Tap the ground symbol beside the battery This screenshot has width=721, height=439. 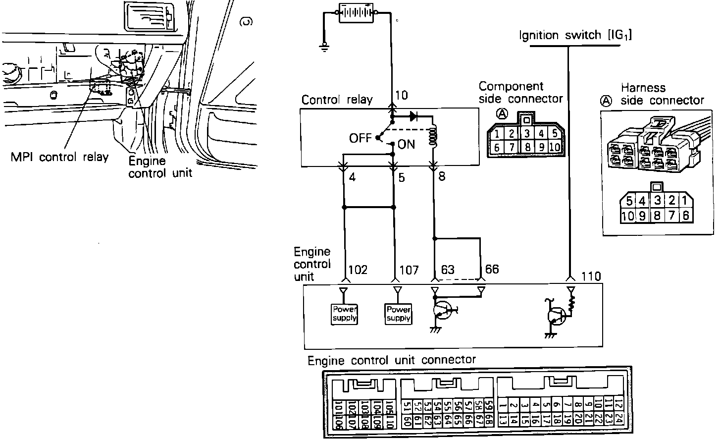tap(325, 47)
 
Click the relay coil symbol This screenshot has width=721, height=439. tap(434, 136)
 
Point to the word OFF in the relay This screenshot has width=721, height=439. tap(360, 138)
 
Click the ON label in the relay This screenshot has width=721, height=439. tap(406, 145)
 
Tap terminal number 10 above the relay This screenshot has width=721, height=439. tap(402, 95)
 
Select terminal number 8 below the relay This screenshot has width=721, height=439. tap(442, 176)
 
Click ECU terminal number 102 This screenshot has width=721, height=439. tap(358, 270)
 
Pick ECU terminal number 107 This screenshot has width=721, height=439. tap(409, 270)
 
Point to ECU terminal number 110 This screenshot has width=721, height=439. tap(591, 276)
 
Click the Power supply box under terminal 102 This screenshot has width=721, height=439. tap(344, 314)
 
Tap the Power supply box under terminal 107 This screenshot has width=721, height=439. tap(398, 314)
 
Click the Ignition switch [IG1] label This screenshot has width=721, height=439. tap(575, 35)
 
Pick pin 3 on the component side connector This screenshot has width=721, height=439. tap(527, 133)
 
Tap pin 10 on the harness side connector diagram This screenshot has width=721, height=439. tap(627, 216)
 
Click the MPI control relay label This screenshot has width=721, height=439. tap(59, 157)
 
